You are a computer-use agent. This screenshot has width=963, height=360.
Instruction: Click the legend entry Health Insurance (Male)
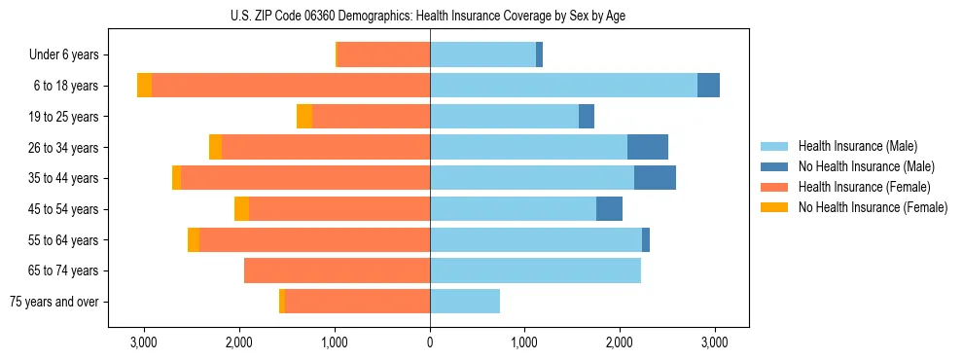point(855,146)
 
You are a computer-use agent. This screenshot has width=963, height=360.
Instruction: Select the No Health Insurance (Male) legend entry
point(864,166)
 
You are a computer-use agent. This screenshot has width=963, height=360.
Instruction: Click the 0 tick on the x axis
point(430,343)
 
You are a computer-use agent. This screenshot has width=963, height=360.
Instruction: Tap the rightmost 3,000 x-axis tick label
point(715,343)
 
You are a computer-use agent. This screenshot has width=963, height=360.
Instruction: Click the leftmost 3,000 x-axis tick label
point(144,343)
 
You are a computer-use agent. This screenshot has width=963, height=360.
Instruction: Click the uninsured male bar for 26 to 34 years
point(648,147)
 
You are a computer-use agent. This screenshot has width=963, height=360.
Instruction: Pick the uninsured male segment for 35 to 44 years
point(655,178)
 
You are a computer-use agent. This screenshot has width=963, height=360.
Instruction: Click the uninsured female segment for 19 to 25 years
point(304,117)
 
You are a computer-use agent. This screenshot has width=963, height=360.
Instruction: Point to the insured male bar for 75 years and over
point(465,302)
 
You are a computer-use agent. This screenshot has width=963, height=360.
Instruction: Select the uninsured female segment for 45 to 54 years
point(241,209)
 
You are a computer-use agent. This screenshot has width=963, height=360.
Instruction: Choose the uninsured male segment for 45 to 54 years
point(609,209)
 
